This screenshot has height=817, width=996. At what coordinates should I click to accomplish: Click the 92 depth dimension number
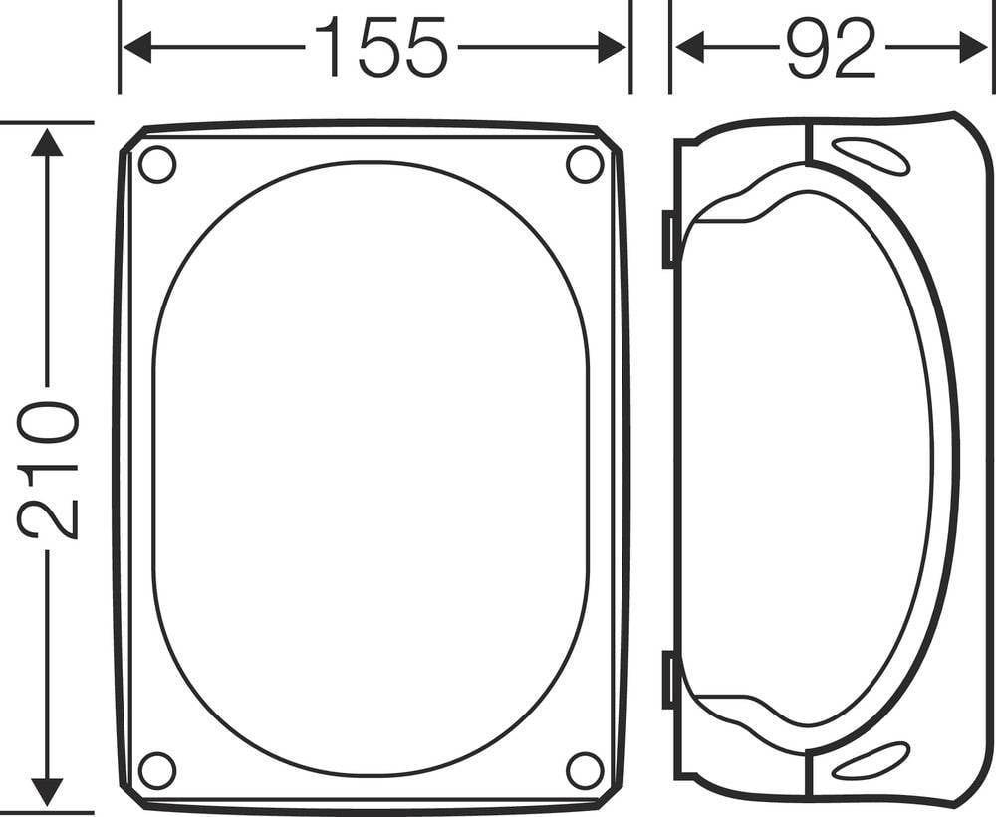[x=830, y=47]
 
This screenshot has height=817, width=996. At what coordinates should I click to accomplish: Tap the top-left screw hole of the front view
[x=156, y=164]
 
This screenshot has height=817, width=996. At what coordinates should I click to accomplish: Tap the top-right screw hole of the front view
[x=585, y=164]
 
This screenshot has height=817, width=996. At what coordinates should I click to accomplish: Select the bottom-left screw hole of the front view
[x=156, y=770]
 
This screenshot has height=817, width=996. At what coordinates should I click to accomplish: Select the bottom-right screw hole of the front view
[x=585, y=770]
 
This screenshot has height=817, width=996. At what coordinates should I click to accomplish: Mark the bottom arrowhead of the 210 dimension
[x=47, y=792]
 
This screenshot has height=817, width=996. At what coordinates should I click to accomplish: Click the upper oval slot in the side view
[x=869, y=157]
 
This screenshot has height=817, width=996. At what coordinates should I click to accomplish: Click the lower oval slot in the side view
[x=869, y=761]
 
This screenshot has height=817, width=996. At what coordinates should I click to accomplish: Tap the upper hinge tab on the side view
[x=669, y=240]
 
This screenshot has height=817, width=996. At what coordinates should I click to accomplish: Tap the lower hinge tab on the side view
[x=669, y=680]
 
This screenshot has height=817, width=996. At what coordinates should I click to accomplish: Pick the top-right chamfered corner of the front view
[x=609, y=140]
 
